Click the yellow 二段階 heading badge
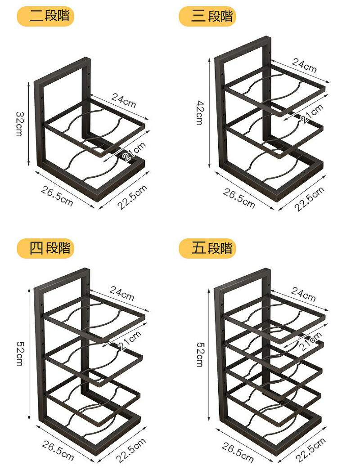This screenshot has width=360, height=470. tap(45, 16)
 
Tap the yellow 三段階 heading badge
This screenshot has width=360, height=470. tap(207, 16)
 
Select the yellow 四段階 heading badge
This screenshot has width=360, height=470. tap(45, 248)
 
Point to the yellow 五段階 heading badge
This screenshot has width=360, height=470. tap(207, 248)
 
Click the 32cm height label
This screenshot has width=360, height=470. tap(19, 124)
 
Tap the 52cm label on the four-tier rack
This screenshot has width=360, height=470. tap(19, 354)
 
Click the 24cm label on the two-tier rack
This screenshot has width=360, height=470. tap(124, 100)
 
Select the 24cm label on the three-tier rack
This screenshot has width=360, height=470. tap(304, 66)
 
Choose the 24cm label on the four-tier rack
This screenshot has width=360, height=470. tap(121, 293)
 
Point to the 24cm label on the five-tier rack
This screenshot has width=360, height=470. tap(303, 294)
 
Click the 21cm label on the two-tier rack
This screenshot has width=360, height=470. tap(135, 152)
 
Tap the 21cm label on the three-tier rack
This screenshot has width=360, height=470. tap(312, 114)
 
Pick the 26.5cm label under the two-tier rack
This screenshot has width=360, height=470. tap(57, 196)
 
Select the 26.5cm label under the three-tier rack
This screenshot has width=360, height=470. tap(239, 198)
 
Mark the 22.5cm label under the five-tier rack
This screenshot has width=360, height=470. tap(311, 450)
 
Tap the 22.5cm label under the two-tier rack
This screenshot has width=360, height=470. tap(132, 197)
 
